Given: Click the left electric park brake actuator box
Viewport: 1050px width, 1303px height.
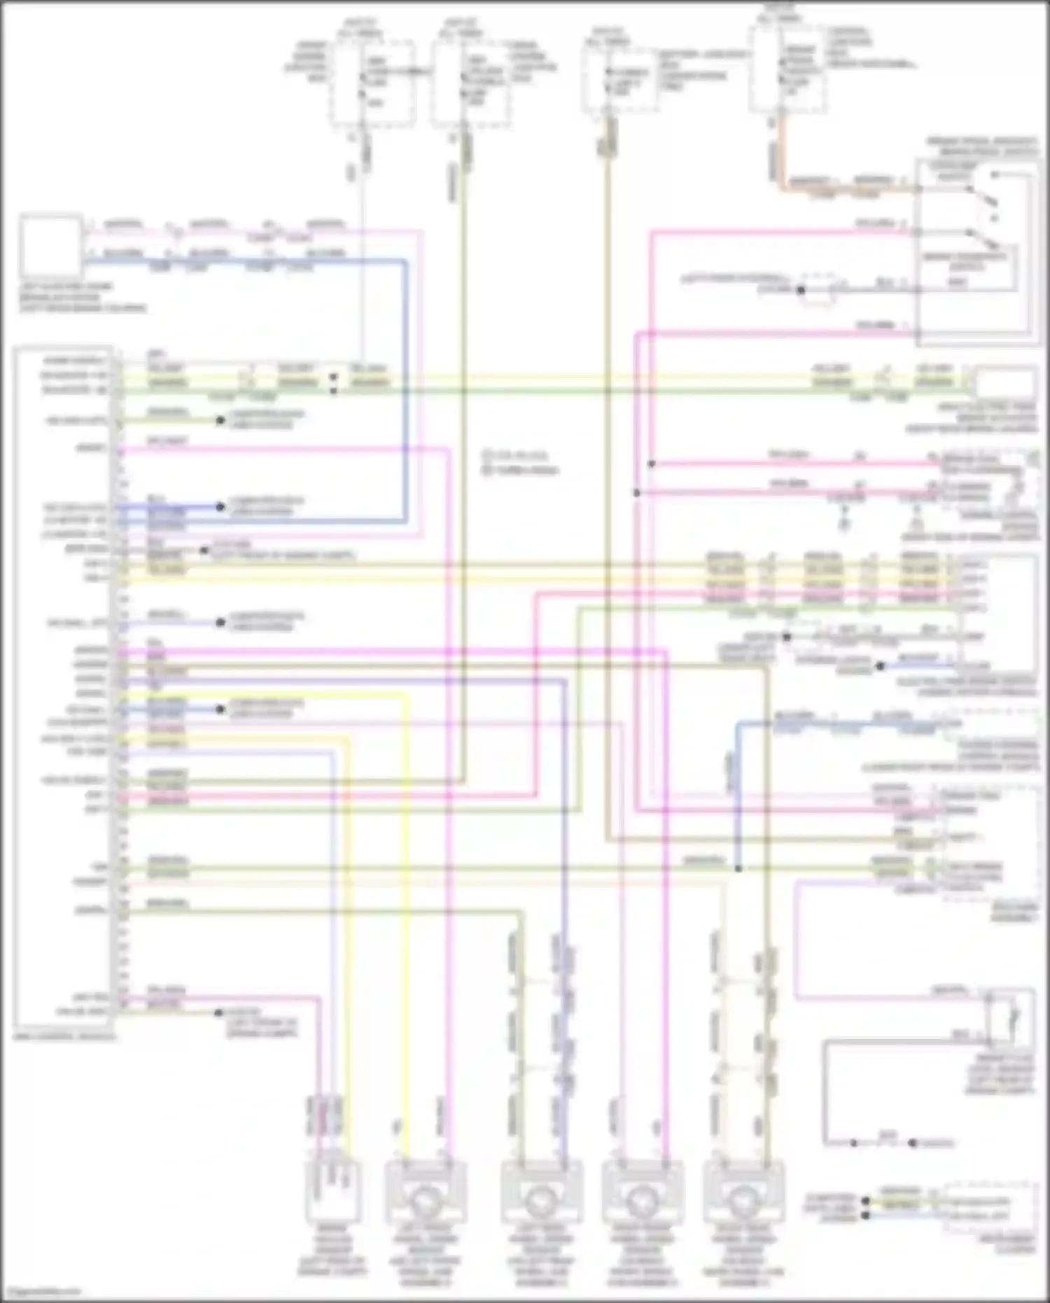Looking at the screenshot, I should [x=49, y=246].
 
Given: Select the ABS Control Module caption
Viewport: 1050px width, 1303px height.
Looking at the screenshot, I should [x=63, y=1034].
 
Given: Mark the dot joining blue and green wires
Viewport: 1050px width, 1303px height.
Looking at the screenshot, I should [x=738, y=869].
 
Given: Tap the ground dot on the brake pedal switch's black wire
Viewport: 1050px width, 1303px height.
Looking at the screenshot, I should [x=801, y=289].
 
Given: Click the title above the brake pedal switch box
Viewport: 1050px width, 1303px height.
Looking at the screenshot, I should [x=980, y=146].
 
